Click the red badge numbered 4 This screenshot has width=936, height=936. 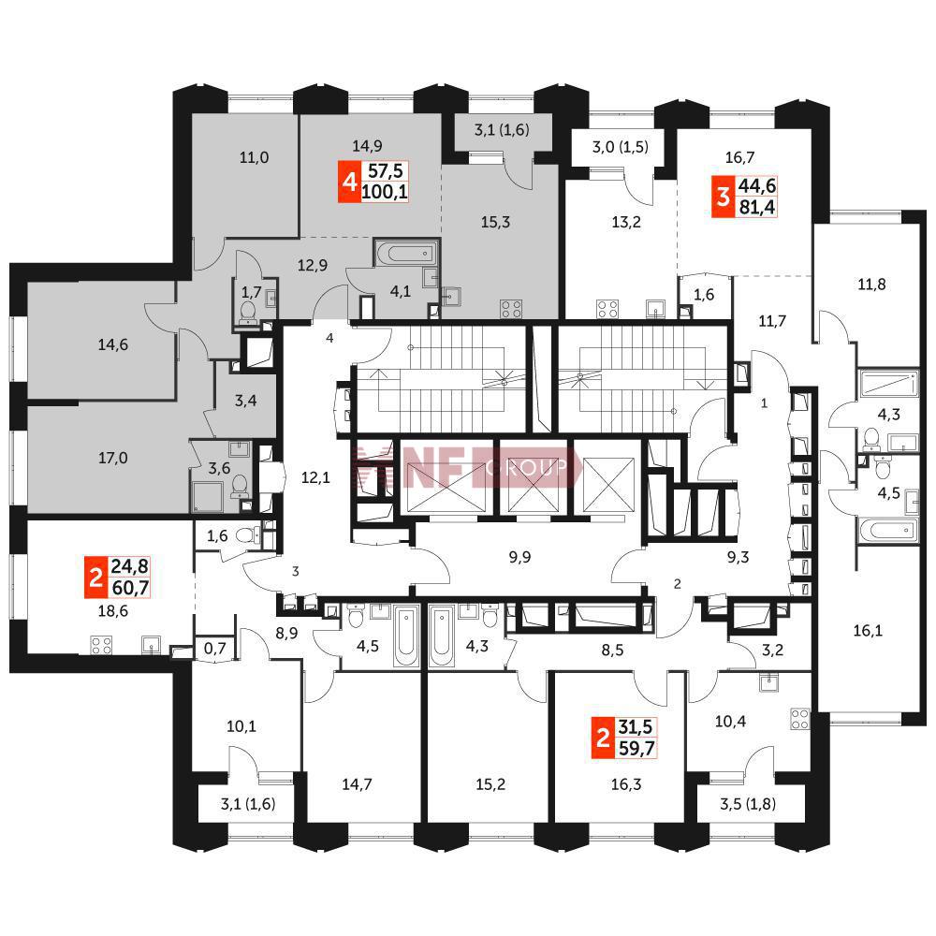coord(349,182)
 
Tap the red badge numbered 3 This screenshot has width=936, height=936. coord(723,197)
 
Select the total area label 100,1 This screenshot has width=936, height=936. coord(385,192)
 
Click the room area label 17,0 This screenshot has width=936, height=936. coord(113,458)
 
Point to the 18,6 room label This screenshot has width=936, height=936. coord(113,610)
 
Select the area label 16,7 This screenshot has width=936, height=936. coord(739,157)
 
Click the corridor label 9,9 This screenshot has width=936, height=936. coord(519,557)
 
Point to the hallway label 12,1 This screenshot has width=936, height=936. coord(315,477)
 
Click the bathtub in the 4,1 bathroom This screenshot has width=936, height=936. coord(406,253)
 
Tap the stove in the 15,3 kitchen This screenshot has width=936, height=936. coord(511,309)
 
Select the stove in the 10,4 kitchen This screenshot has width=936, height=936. coord(800,719)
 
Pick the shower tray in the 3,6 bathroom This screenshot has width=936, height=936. coord(207,497)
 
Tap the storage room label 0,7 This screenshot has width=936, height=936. coord(215,648)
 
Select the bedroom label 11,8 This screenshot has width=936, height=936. coord(871,285)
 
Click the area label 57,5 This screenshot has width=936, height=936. coord(385,171)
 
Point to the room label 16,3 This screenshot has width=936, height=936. coord(626,783)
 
